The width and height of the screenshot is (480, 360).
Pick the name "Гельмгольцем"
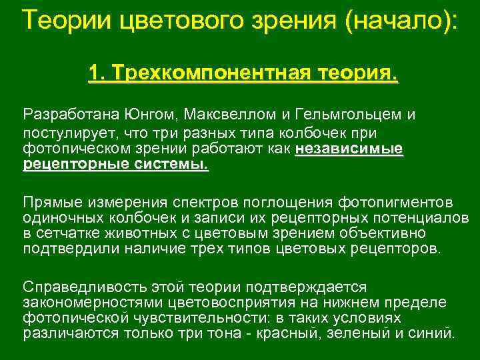tap(351, 114)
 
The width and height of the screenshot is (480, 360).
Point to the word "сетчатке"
tap(65, 234)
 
